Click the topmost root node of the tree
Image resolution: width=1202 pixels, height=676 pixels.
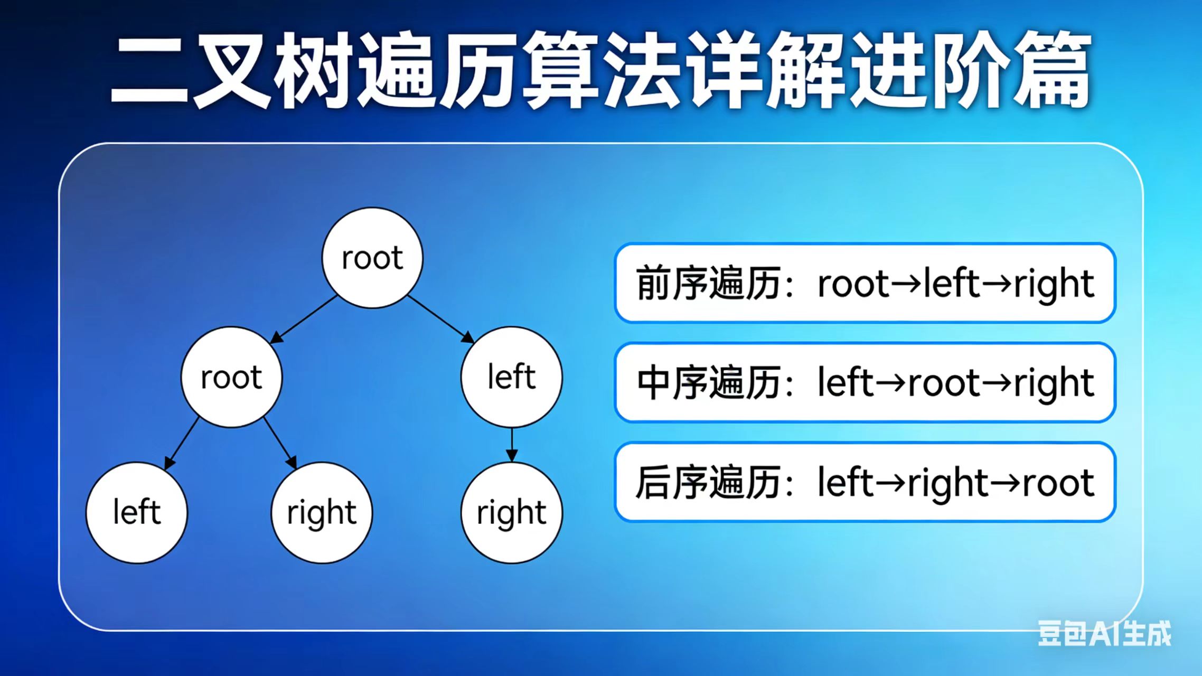pos(372,258)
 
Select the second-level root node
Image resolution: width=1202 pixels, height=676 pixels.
pos(231,377)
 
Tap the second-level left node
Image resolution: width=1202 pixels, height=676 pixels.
pos(511,377)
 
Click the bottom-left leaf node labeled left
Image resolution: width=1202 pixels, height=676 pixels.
pos(137,512)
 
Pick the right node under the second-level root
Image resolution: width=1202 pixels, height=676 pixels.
pos(322,512)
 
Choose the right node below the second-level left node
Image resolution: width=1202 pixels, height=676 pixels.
pos(511,512)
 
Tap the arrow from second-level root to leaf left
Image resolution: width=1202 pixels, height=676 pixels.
pos(181,444)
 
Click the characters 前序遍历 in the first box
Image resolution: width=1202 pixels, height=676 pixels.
pos(708,284)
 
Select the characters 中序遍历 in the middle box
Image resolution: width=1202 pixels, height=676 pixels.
pos(708,382)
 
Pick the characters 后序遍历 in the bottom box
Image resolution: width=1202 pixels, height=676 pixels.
pos(708,482)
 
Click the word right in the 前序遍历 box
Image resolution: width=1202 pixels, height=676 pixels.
pos(1054,284)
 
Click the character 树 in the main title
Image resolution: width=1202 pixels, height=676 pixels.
pos(313,69)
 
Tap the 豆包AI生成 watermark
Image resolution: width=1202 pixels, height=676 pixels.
pos(1104,633)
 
